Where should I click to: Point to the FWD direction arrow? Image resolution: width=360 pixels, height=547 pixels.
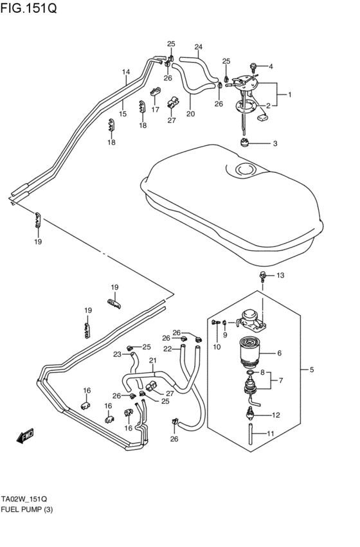pyautogui.click(x=25, y=437)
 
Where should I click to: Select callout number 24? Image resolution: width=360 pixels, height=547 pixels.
pyautogui.click(x=198, y=47)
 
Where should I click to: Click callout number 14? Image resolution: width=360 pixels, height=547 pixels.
pyautogui.click(x=126, y=71)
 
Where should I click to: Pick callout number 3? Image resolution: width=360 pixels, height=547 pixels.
pyautogui.click(x=274, y=143)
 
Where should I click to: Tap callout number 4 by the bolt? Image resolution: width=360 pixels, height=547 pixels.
pyautogui.click(x=271, y=66)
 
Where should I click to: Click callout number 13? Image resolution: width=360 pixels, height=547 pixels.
pyautogui.click(x=280, y=276)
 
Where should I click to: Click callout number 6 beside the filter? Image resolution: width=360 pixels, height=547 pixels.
pyautogui.click(x=279, y=353)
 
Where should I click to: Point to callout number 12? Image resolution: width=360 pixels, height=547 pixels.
pyautogui.click(x=276, y=415)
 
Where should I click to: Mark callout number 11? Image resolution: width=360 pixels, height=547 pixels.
pyautogui.click(x=270, y=434)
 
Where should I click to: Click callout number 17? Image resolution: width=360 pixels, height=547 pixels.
pyautogui.click(x=155, y=109)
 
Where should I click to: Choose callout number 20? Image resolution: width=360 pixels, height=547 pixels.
pyautogui.click(x=190, y=114)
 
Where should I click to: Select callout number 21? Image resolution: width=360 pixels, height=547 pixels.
pyautogui.click(x=153, y=360)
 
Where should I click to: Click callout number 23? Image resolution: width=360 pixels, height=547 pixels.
pyautogui.click(x=118, y=354)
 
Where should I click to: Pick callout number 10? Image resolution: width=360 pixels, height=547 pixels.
pyautogui.click(x=217, y=347)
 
